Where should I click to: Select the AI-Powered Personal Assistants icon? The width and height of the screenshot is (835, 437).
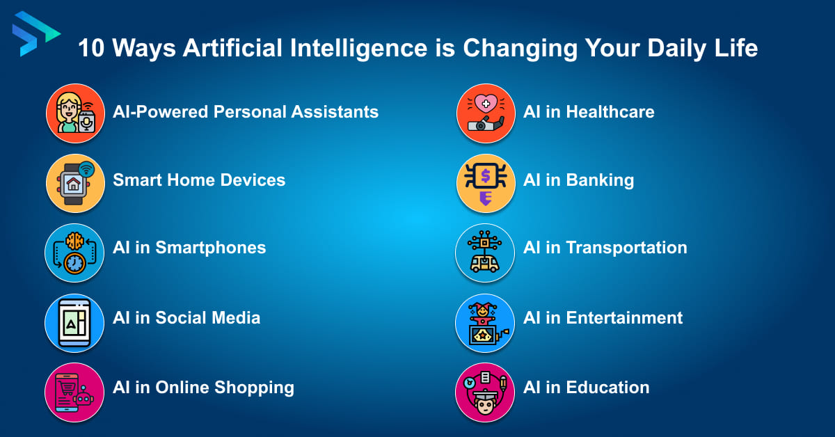click(x=75, y=113)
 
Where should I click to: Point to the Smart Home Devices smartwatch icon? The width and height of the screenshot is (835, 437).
click(x=75, y=183)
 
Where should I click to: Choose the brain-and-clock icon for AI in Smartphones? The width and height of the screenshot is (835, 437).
click(x=74, y=253)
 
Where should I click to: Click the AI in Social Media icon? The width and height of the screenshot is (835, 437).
click(x=74, y=322)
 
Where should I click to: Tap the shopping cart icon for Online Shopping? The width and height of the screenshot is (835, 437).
click(x=74, y=392)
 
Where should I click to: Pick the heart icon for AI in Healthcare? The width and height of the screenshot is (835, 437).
click(x=485, y=113)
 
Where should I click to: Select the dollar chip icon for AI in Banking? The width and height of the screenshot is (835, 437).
click(x=485, y=183)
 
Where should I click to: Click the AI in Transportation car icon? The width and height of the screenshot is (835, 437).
click(x=485, y=253)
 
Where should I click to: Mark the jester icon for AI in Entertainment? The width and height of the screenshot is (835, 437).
click(x=485, y=322)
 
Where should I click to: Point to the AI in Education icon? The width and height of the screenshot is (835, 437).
click(x=485, y=392)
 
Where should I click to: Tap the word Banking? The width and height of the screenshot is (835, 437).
click(x=600, y=180)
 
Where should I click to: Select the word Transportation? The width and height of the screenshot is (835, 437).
click(x=626, y=248)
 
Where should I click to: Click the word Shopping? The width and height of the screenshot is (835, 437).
click(x=253, y=388)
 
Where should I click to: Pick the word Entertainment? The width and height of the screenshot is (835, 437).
click(x=624, y=318)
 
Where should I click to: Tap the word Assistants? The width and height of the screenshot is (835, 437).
click(x=336, y=111)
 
